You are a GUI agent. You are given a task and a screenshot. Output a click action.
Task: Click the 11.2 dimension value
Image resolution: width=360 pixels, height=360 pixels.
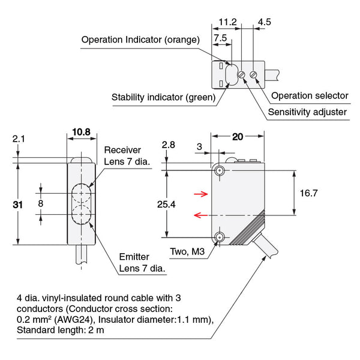point(227,22)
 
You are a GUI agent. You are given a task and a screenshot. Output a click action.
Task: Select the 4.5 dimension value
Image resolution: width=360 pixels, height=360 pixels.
point(264,22)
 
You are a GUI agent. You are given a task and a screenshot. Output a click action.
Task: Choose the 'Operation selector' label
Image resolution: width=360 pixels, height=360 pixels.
point(310,95)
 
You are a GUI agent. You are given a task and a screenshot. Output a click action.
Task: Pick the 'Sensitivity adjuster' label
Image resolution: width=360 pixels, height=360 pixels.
point(307,112)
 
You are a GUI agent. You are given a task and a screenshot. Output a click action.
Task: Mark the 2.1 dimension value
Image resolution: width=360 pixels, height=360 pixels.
point(18,139)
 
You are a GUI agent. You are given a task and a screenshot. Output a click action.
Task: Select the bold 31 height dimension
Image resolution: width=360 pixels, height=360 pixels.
point(18,205)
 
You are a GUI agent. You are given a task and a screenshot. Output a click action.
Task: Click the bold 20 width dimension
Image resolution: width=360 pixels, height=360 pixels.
point(238,137)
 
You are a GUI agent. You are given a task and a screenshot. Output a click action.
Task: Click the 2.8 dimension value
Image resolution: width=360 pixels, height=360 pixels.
point(169,145)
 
